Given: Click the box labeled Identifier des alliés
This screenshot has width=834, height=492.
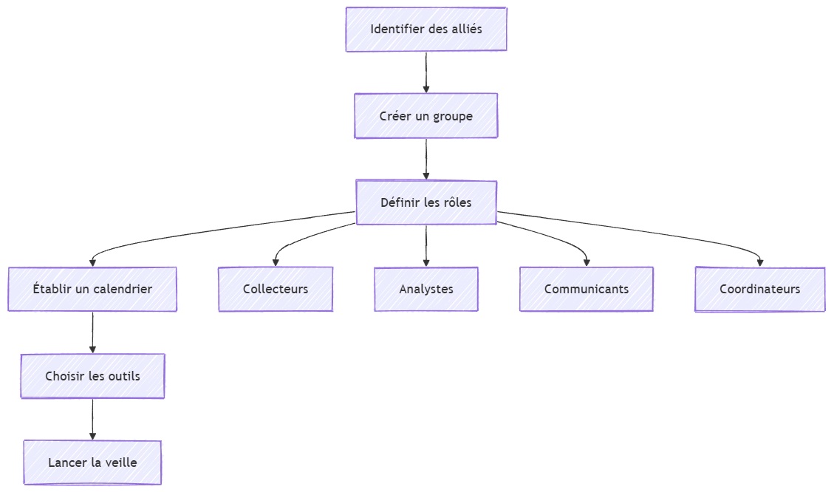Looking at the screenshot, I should point(426,30).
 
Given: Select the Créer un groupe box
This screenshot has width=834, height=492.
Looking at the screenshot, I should point(426,116).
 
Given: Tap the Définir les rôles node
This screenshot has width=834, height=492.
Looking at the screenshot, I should point(426,202).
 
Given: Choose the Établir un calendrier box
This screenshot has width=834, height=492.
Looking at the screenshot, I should point(92,289).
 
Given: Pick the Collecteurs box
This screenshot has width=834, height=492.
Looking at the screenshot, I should point(276,289).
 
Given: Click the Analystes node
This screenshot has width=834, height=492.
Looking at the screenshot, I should point(426,289).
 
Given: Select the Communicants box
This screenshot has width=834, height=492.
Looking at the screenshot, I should point(587,289).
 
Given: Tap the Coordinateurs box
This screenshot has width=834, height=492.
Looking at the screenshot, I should point(759,289).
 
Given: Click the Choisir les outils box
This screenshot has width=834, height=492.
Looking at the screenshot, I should point(92,376).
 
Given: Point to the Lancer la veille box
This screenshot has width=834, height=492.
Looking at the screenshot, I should point(92,462).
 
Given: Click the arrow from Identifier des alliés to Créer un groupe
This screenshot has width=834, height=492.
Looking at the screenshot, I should point(426,72).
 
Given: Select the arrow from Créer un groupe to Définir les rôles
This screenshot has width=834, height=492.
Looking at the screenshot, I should point(426,158).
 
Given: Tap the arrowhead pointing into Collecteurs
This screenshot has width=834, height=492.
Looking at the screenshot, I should point(276,262).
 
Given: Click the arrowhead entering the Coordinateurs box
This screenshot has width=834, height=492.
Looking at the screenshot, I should point(759,262).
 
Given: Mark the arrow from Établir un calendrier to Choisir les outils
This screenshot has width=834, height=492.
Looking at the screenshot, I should point(92,332).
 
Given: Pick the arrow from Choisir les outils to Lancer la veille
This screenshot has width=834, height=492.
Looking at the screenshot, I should point(92,419).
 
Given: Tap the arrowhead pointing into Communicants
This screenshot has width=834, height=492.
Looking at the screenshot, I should point(587,262).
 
